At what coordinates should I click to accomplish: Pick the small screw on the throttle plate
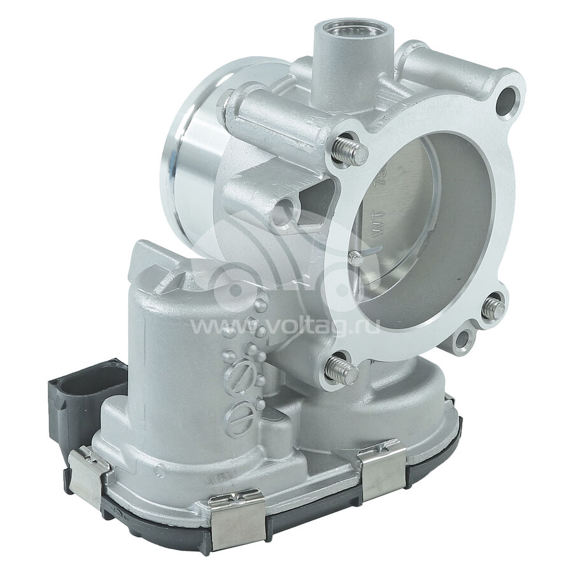[x=357, y=258]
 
